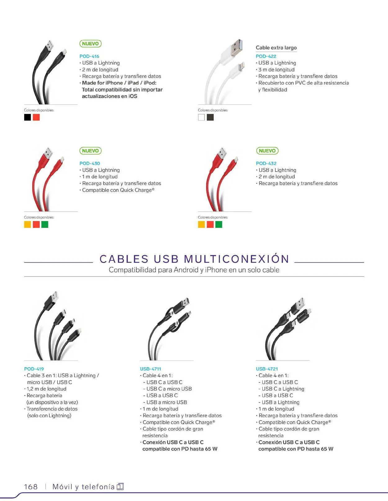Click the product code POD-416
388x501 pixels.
click(x=89, y=56)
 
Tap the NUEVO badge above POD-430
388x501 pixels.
click(x=90, y=151)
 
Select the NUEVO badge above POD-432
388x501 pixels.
click(x=267, y=151)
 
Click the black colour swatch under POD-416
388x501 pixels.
click(x=28, y=117)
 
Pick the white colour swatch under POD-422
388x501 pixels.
click(x=201, y=117)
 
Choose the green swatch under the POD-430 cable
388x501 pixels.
click(x=45, y=224)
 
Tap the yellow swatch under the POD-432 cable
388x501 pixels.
click(x=201, y=224)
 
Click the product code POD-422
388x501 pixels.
click(x=266, y=56)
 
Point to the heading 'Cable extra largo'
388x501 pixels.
click(x=276, y=48)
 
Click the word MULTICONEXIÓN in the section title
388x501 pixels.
click(x=237, y=259)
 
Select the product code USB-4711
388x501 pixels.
click(x=151, y=369)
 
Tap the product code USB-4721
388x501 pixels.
click(x=267, y=369)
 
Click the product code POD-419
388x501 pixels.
click(x=34, y=369)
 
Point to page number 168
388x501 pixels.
click(x=31, y=487)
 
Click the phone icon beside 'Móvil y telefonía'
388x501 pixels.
click(x=120, y=487)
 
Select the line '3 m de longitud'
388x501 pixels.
click(x=277, y=70)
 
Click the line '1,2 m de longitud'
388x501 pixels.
click(x=47, y=389)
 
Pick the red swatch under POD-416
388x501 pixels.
click(x=36, y=117)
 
